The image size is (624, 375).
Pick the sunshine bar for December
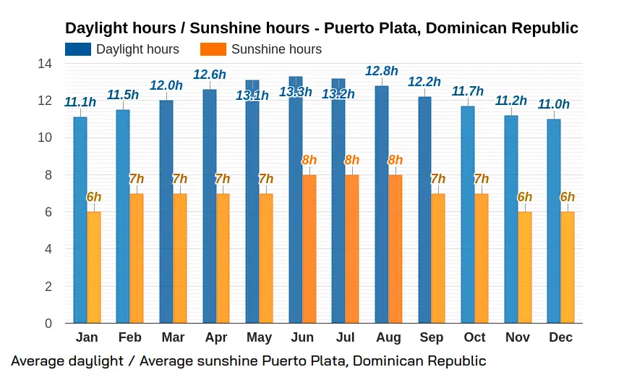tap(568, 267)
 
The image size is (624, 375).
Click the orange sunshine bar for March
tap(180, 258)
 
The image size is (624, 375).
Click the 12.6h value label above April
tap(210, 74)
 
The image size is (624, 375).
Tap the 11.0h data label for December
tap(554, 104)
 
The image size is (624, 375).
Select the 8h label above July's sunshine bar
tap(352, 160)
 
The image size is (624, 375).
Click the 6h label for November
tap(525, 197)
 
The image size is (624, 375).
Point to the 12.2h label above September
tap(424, 82)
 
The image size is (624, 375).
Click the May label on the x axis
tap(259, 337)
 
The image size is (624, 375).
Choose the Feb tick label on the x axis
tap(129, 337)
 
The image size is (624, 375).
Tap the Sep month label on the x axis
tap(432, 337)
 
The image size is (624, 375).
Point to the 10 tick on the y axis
tap(45, 138)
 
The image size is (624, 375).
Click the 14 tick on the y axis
tap(45, 64)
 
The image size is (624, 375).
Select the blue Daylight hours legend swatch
tap(78, 49)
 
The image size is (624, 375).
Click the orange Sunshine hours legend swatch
tap(213, 49)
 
